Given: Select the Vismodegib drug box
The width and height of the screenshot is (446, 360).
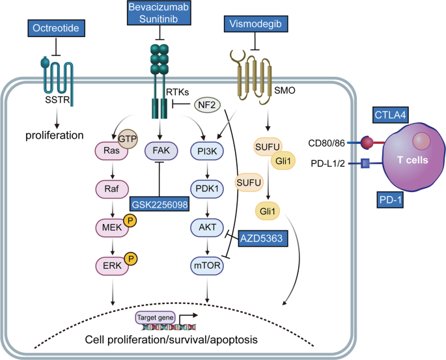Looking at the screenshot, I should [255, 25].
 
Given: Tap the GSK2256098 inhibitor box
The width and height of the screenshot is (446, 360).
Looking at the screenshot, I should [161, 202].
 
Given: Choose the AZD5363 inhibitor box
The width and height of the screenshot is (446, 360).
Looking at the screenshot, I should [260, 238].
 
